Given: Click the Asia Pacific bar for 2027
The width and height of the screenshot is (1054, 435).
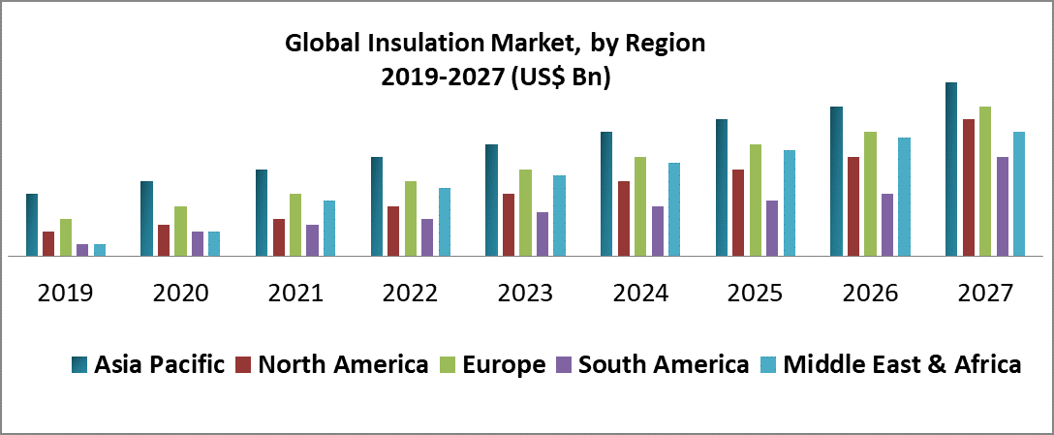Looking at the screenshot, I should pos(951,170).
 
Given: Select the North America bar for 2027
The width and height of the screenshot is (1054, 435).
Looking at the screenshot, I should pos(969,188).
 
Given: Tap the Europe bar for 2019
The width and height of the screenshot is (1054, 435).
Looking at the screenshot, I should pos(66,237).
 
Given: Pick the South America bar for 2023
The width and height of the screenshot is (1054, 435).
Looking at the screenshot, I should pos(542,234).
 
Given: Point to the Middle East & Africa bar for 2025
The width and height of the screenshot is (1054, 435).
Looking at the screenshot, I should pos(790,203).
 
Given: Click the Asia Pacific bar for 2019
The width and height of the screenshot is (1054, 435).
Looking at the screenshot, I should pos(32,225).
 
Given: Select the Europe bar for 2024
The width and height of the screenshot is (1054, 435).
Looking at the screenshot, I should pos(640,206).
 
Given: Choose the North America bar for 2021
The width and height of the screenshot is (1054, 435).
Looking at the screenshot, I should pos(279,237).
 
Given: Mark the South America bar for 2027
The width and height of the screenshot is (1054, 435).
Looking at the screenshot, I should pos(1003,206).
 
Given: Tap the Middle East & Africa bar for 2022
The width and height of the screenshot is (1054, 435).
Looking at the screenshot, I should pos(445,222).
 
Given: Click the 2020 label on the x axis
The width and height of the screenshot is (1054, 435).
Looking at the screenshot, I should pos(181,293).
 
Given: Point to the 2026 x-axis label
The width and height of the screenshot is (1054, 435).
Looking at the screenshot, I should pos(871,293).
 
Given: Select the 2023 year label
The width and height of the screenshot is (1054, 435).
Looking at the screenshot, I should pos(526,293).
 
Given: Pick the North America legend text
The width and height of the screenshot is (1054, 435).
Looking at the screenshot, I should pos(343,365).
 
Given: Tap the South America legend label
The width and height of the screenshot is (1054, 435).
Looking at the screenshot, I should pos(663,365).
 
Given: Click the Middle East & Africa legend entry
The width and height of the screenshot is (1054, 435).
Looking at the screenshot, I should pos(902,365).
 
